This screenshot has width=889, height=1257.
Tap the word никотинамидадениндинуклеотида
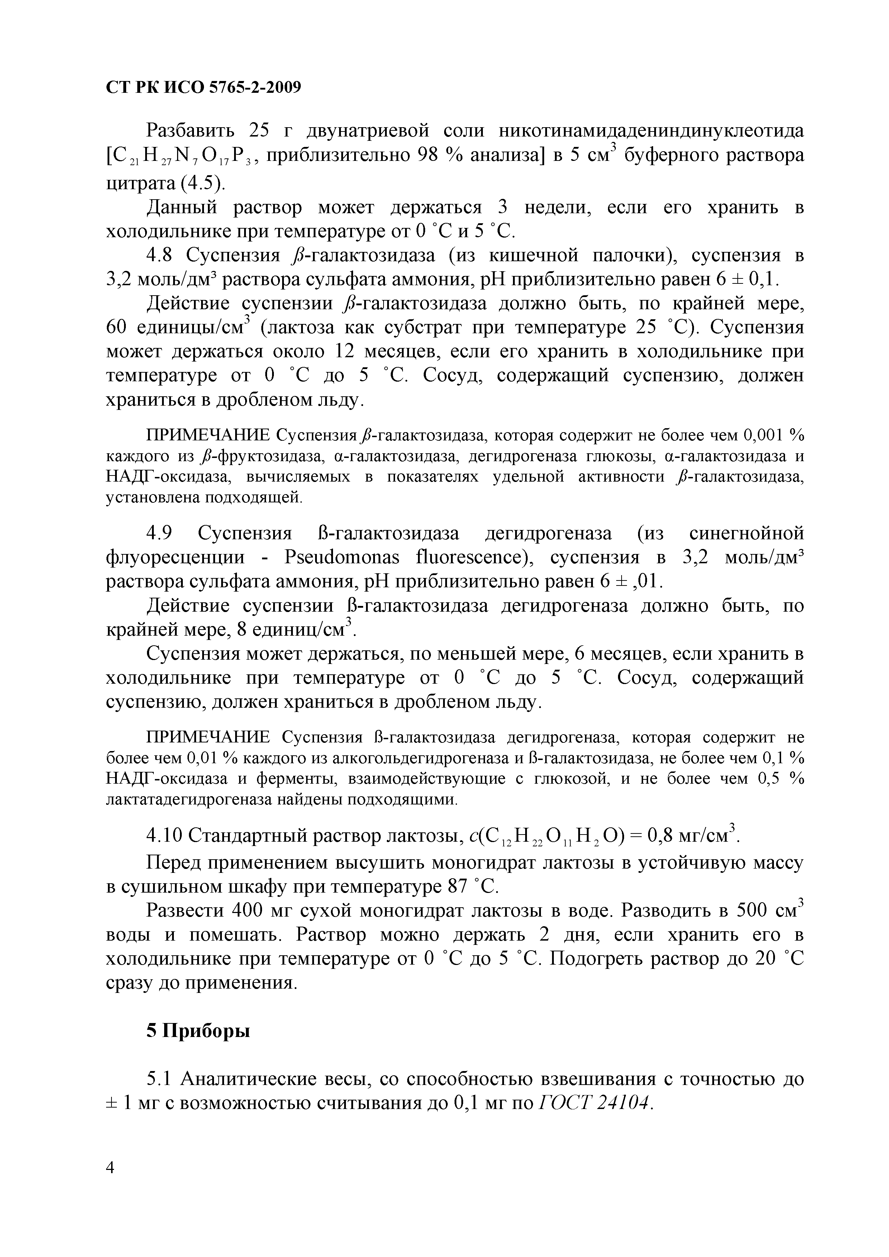tap(651, 132)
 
